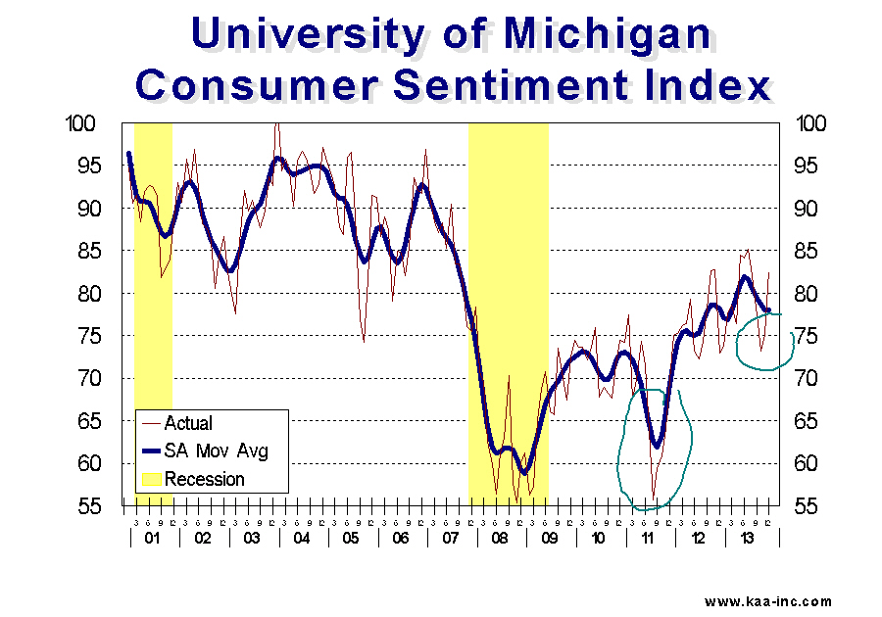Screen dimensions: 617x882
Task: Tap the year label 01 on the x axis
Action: click(x=152, y=538)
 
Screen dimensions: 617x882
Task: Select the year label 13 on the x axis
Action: click(x=748, y=538)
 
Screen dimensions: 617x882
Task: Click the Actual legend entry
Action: click(x=187, y=424)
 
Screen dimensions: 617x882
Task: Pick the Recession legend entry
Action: click(x=204, y=479)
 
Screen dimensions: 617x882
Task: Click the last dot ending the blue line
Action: click(x=768, y=310)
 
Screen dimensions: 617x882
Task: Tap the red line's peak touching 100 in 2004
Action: click(x=277, y=124)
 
